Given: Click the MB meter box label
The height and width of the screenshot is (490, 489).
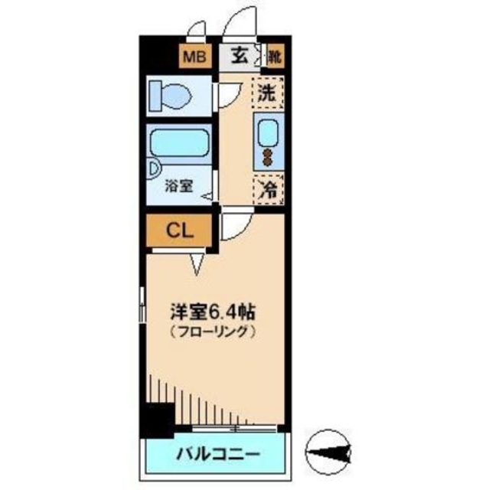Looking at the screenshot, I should point(193,57).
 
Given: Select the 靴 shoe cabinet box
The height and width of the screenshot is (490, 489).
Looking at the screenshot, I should point(274,57).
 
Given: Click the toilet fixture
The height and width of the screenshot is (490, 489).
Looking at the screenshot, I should point(171,96).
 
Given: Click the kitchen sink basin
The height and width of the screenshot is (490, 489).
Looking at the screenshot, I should point(268,132).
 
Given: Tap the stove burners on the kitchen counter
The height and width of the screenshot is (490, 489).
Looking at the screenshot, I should point(268,156).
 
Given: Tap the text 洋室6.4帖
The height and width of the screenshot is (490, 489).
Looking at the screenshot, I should point(212,312).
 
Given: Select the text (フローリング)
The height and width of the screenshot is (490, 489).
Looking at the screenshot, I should point(211,333).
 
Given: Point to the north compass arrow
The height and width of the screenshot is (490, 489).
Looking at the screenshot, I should point(328,451).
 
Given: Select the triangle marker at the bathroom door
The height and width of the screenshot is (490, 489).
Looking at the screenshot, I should point(207,198).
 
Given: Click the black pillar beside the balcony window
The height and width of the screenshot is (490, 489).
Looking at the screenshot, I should point(159,420).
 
